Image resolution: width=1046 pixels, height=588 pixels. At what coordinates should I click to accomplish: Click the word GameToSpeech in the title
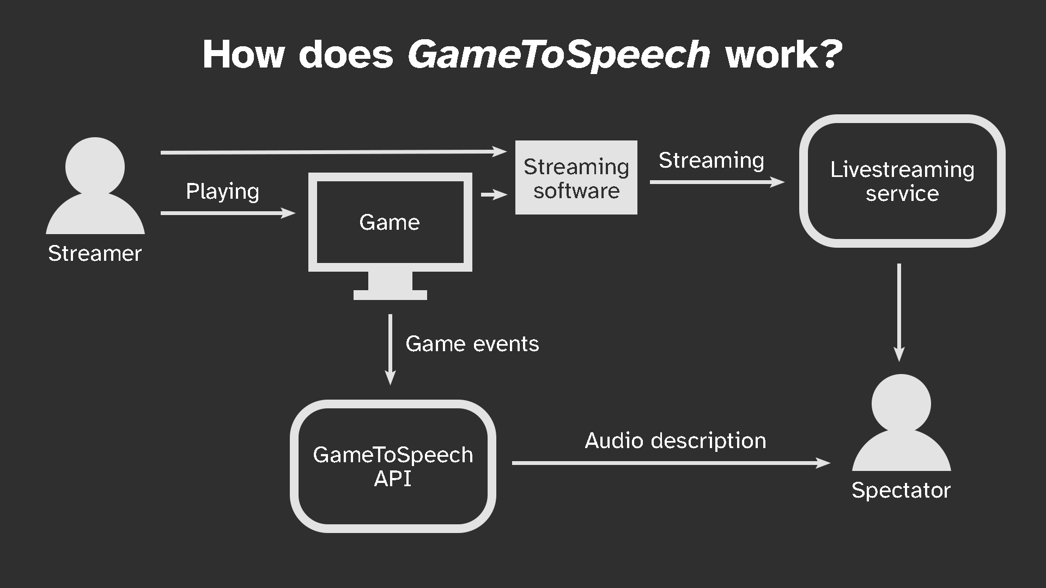(559, 55)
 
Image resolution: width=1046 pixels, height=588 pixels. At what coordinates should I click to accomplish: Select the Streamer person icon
(95, 185)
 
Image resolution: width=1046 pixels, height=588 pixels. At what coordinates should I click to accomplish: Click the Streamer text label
(95, 253)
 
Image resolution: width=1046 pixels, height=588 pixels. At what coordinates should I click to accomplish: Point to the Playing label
(222, 192)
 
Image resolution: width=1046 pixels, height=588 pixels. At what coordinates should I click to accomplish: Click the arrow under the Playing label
(228, 213)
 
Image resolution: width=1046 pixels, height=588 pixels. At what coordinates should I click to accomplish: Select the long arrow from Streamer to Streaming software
(333, 152)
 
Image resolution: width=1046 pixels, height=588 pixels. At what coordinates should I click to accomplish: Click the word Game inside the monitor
(390, 222)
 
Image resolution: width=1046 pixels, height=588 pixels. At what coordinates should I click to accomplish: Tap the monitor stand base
(390, 295)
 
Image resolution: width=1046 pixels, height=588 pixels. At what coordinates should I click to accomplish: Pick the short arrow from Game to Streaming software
(494, 194)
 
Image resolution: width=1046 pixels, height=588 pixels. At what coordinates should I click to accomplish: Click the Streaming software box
(576, 177)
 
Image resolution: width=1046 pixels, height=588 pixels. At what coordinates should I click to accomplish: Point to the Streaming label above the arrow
(711, 161)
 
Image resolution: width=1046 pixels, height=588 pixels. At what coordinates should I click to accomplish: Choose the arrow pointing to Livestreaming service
(717, 182)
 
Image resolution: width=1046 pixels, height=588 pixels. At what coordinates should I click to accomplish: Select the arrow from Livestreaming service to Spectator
(899, 313)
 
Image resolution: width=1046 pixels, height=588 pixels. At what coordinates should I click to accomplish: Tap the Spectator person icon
(901, 422)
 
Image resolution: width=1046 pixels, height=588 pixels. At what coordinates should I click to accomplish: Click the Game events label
(472, 344)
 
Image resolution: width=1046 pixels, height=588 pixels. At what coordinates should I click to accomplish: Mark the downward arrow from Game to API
(390, 350)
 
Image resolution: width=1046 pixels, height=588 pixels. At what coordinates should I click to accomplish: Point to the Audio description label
(676, 441)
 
